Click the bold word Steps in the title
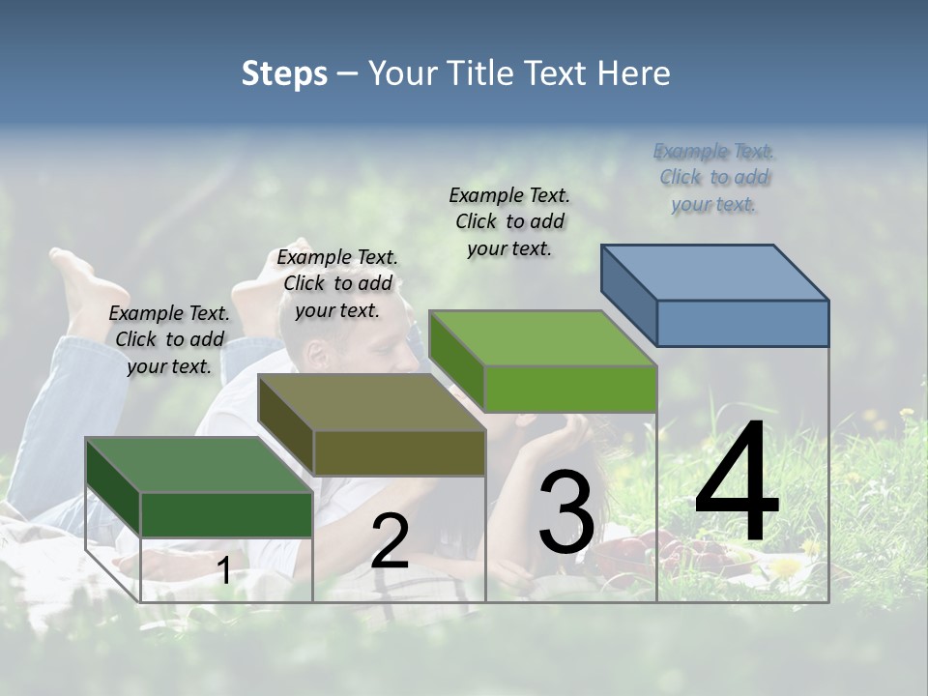[x=284, y=73]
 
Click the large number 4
[x=737, y=483]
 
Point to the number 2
[x=390, y=541]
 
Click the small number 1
[x=223, y=570]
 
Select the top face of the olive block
[x=372, y=402]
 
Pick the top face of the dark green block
[x=199, y=465]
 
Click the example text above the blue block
[x=714, y=178]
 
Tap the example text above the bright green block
[x=509, y=221]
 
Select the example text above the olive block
[x=337, y=283]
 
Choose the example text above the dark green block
[x=169, y=339]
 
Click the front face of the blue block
[x=742, y=323]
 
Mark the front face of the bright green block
[x=570, y=390]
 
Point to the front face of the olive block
[x=399, y=453]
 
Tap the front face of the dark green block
[x=226, y=514]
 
